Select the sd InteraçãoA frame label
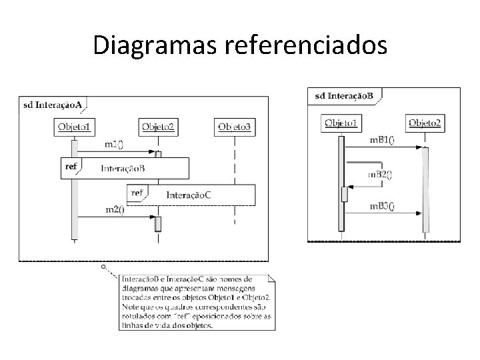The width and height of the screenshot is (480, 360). (x=53, y=104)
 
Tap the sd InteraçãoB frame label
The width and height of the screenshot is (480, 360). (x=343, y=95)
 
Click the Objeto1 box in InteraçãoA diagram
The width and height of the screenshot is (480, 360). (x=75, y=127)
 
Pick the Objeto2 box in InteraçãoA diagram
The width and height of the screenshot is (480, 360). (x=158, y=127)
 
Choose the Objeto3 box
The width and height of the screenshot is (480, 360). (x=235, y=127)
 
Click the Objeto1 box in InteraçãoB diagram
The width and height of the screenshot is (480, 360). (x=341, y=122)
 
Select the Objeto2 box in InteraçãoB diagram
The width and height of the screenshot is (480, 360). (x=425, y=122)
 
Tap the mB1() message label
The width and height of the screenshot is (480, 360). (x=382, y=140)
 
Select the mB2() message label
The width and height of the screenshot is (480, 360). (x=380, y=174)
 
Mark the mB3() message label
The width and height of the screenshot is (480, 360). (x=382, y=206)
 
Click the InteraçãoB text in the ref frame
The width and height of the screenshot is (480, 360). (x=123, y=168)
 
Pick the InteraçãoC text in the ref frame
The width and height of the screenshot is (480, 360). (x=189, y=195)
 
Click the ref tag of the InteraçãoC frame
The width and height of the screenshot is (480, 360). (x=137, y=193)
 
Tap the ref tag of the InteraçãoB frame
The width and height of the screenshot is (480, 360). (x=69, y=166)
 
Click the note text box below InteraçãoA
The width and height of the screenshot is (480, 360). (x=196, y=301)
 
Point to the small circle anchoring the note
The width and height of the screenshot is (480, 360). (x=103, y=266)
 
